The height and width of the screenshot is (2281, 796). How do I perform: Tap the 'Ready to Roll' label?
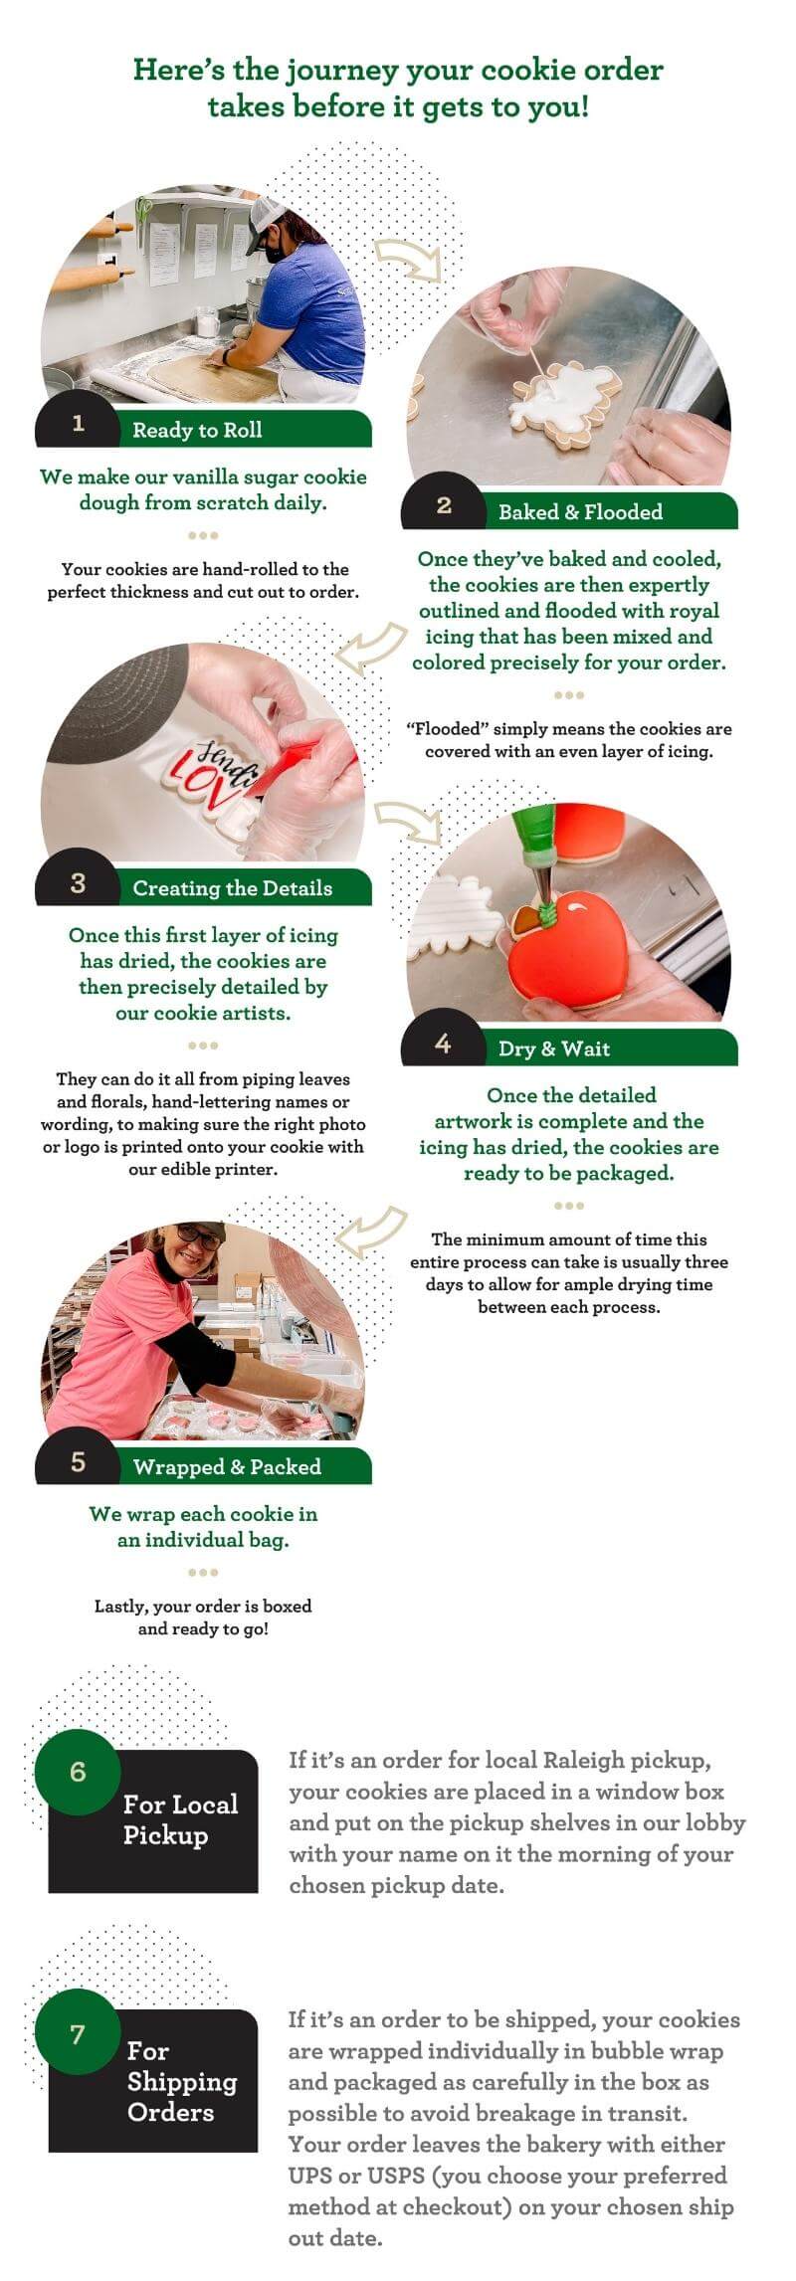point(197,430)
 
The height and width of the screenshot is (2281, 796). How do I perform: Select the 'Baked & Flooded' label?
point(580,512)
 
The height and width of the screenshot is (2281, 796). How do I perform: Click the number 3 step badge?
point(78,883)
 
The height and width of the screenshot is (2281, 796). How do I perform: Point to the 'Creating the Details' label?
point(233,888)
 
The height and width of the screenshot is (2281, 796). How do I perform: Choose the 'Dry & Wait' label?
point(554,1048)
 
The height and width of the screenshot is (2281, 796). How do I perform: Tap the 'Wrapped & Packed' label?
point(227,1467)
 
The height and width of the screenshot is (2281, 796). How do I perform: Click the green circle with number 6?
point(78,1772)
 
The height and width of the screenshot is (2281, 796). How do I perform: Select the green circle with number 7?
point(78,2033)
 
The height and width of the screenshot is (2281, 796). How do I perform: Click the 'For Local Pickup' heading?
point(180,1819)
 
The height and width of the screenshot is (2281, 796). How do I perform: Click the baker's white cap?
point(266,214)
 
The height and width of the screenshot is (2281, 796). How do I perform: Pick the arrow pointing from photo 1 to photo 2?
point(407,258)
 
